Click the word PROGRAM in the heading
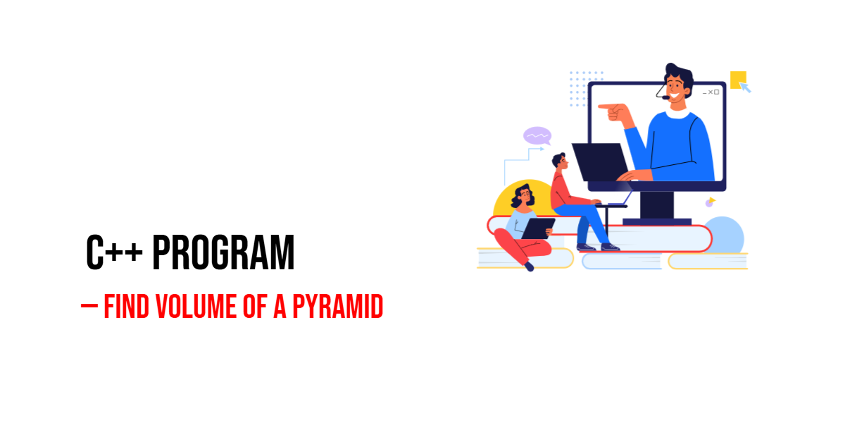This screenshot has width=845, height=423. pyautogui.click(x=223, y=252)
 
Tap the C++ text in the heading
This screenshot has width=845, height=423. pyautogui.click(x=114, y=252)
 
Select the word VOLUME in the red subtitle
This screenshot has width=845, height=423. pyautogui.click(x=196, y=306)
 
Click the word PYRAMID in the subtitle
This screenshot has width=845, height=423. pyautogui.click(x=337, y=306)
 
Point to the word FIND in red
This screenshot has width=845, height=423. pyautogui.click(x=126, y=306)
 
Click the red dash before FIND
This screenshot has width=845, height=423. pyautogui.click(x=89, y=306)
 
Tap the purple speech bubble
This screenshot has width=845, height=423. pyautogui.click(x=537, y=136)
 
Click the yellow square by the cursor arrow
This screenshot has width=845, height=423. pyautogui.click(x=738, y=80)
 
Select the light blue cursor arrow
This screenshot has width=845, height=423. pyautogui.click(x=745, y=87)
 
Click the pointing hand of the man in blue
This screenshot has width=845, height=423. pyautogui.click(x=614, y=111)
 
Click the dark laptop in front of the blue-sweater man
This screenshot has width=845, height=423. pyautogui.click(x=600, y=161)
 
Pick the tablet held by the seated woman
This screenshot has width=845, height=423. pyautogui.click(x=538, y=228)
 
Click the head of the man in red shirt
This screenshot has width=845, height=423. pyautogui.click(x=560, y=161)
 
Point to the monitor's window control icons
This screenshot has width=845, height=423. pyautogui.click(x=711, y=92)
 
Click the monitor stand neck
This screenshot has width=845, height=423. pyautogui.click(x=657, y=205)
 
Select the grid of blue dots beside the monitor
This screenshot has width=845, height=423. pyautogui.click(x=586, y=89)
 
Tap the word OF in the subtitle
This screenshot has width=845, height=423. pyautogui.click(x=255, y=306)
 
